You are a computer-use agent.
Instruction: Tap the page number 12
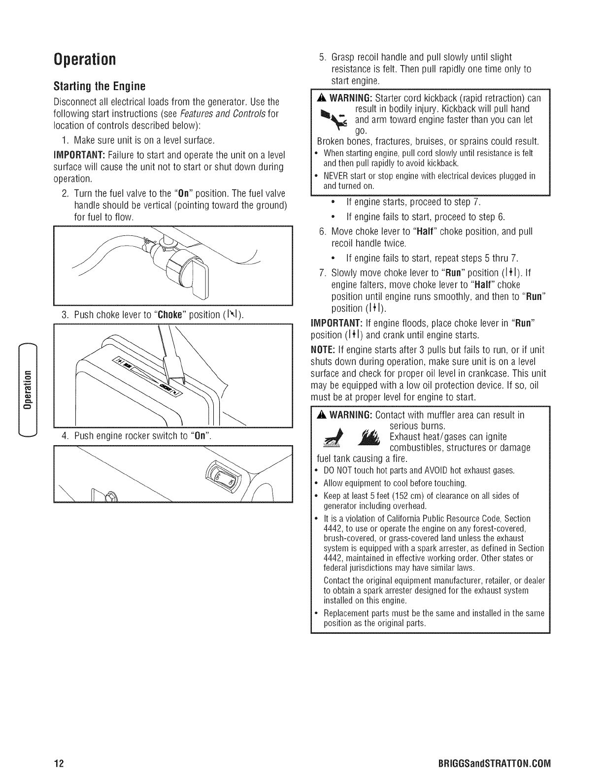[59, 764]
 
